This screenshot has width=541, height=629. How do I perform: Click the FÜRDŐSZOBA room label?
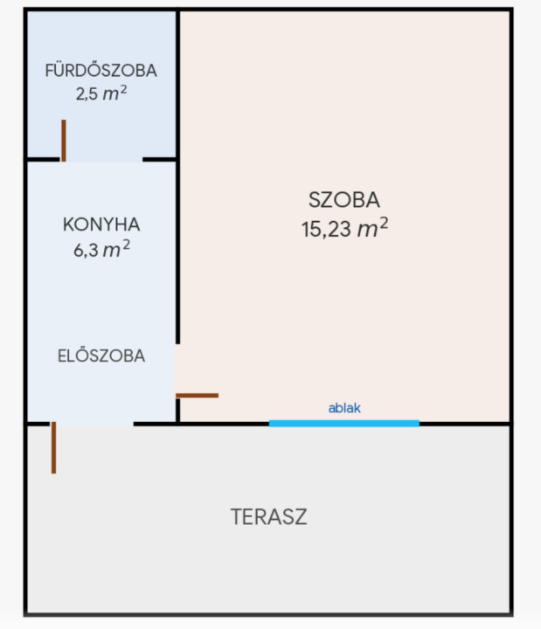click(x=101, y=70)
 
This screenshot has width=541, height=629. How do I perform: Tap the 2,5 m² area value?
click(x=101, y=93)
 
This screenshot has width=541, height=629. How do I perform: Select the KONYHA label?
click(x=101, y=225)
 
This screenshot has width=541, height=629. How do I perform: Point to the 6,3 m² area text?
click(x=101, y=249)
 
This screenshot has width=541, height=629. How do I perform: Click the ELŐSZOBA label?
click(x=101, y=356)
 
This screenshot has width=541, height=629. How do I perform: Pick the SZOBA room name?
click(x=344, y=200)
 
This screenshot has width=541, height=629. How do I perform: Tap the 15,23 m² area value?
click(x=344, y=229)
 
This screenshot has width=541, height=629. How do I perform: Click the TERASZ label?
click(x=269, y=516)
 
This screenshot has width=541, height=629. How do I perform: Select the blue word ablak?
click(x=344, y=408)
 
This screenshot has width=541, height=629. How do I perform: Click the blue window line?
click(x=344, y=423)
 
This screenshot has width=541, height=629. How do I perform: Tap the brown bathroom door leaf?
click(x=64, y=141)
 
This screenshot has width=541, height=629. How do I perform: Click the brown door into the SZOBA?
click(x=197, y=396)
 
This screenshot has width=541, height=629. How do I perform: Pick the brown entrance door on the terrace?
click(x=54, y=447)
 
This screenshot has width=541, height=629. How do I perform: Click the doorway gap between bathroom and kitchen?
click(x=102, y=160)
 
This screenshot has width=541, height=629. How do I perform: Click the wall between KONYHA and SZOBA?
click(x=177, y=176)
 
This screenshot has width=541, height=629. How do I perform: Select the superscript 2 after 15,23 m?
click(x=384, y=222)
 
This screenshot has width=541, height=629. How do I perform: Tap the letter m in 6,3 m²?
click(x=111, y=251)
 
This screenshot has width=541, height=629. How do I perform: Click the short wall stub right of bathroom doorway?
click(x=159, y=160)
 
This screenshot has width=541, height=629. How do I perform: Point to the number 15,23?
click(x=326, y=230)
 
